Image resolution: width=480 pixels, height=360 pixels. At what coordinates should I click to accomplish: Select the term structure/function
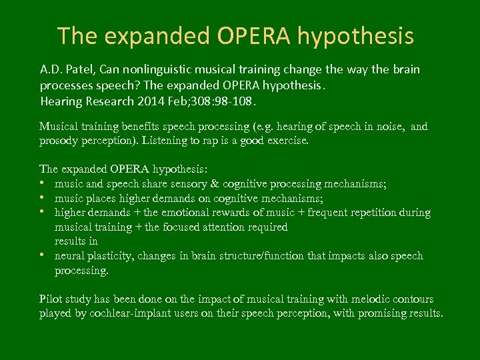pyautogui.click(x=283, y=256)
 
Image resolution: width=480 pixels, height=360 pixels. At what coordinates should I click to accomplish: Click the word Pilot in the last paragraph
pyautogui.click(x=51, y=299)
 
